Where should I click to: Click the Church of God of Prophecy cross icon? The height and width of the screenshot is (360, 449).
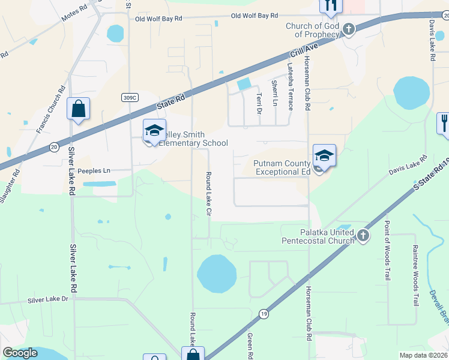tap(348, 29)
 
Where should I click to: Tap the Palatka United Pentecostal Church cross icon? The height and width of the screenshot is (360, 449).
tap(363, 235)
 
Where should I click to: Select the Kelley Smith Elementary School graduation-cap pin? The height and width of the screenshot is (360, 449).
tap(154, 130)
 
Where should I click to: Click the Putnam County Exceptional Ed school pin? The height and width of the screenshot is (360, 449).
tap(324, 156)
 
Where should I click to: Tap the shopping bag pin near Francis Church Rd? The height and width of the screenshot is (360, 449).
tap(78, 109)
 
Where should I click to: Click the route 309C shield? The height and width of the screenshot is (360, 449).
tap(130, 97)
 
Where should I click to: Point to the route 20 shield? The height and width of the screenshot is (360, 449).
tap(54, 146)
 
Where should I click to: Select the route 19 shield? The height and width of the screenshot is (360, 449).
tap(263, 313)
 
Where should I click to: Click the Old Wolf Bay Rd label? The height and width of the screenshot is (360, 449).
tap(158, 19)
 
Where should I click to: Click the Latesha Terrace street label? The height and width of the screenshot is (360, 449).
tap(291, 86)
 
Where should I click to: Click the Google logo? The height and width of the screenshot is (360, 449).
tap(20, 353)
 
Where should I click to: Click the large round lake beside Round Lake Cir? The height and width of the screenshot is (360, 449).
tap(216, 273)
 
